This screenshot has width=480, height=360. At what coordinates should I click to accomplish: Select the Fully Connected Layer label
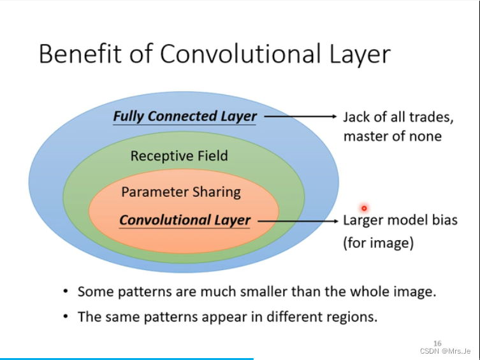coord(185,117)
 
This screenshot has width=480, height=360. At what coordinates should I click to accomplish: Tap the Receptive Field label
coord(179,156)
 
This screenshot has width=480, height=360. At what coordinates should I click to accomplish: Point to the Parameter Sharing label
coord(181,192)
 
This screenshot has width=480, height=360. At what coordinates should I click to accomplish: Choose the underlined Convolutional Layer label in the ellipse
coord(185,220)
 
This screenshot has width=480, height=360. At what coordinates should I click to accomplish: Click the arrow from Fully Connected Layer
coord(300,117)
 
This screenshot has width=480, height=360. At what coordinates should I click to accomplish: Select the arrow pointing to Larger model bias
coord(296,220)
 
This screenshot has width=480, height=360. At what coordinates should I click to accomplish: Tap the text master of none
coord(392,136)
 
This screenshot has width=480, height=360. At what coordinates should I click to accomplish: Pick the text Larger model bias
coord(400,220)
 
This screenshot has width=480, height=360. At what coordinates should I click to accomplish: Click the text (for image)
coord(378,243)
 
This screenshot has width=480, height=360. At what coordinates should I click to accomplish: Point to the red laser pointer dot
coord(364,208)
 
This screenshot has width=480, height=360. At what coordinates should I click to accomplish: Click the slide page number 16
coord(437,343)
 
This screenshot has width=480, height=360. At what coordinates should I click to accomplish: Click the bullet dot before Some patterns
coord(66,292)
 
